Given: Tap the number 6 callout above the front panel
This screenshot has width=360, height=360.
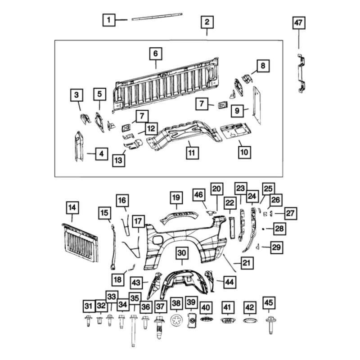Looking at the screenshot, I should pos(155,54).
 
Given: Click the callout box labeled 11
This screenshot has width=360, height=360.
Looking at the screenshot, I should pos(191,153).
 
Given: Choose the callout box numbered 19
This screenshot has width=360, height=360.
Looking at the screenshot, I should pos(176,197).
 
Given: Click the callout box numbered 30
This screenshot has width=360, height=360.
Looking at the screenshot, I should pos(181,254).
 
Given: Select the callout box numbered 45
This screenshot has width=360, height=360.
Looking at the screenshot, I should pos(270,302).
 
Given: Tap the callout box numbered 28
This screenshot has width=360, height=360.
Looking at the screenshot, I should pos(279,229).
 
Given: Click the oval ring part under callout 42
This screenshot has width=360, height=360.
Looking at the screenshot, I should pos(249,320).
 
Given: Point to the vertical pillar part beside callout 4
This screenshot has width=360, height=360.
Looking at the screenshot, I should pos(78,147).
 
